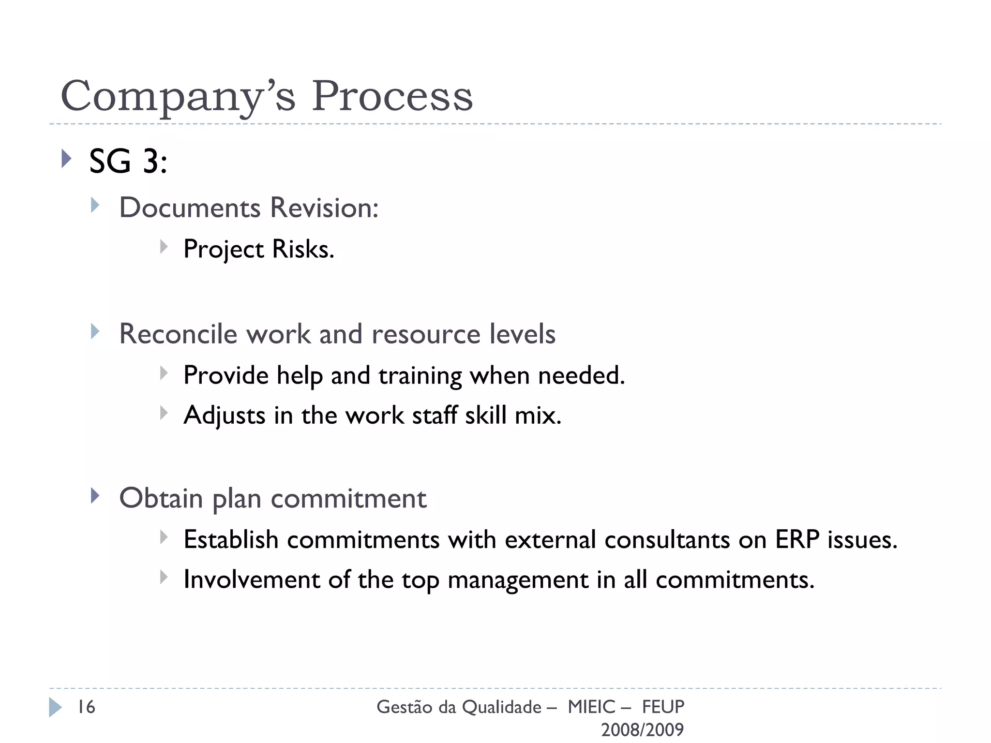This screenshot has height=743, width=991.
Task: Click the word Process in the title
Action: click(392, 96)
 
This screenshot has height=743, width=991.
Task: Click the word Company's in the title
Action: click(178, 97)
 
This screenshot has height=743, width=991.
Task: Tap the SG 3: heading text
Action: click(128, 161)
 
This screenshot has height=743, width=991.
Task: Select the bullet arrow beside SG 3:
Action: click(67, 159)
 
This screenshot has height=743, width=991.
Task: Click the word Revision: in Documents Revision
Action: click(324, 208)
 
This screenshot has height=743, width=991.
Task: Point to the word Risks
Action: click(303, 250)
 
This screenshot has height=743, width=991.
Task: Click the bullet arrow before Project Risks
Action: click(164, 247)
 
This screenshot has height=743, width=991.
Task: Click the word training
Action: click(420, 376)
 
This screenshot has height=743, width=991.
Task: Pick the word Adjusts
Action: click(225, 416)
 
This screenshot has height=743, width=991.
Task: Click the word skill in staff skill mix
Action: click(485, 415)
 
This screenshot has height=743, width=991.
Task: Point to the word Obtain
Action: click(161, 498)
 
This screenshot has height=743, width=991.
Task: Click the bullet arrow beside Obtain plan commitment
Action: click(95, 496)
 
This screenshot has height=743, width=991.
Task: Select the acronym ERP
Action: click(797, 540)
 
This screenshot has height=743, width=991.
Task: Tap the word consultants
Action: click(667, 540)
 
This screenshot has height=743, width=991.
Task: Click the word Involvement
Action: click(252, 580)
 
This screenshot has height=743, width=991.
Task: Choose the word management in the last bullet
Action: click(518, 580)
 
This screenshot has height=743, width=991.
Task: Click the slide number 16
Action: click(87, 707)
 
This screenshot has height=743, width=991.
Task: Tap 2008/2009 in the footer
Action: click(642, 729)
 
